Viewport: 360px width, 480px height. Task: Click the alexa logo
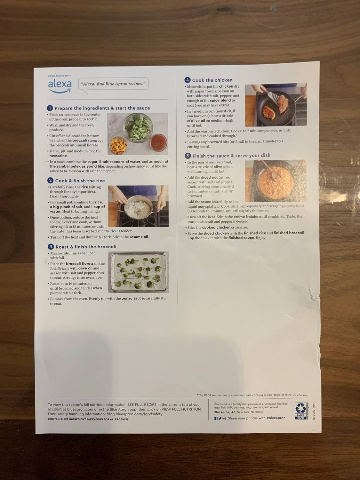tap(60, 85)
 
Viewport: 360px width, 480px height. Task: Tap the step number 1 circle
tap(50, 108)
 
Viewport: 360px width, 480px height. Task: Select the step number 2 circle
tap(51, 180)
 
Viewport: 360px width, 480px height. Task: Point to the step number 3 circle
tap(51, 247)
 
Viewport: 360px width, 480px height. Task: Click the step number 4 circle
tap(188, 80)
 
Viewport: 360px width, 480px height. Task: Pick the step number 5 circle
tap(188, 156)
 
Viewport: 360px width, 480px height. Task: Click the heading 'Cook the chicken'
tap(212, 80)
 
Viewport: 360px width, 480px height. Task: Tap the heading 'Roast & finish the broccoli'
tap(86, 247)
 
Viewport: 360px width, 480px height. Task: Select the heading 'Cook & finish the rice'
tap(80, 181)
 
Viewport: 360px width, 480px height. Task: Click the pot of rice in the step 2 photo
tap(138, 208)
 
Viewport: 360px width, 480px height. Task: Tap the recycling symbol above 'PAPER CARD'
tap(300, 408)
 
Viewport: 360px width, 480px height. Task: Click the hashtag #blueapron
tap(276, 418)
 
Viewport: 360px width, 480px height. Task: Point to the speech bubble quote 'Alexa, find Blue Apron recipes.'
tap(113, 84)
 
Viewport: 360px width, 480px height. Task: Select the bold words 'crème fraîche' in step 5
tap(246, 217)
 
